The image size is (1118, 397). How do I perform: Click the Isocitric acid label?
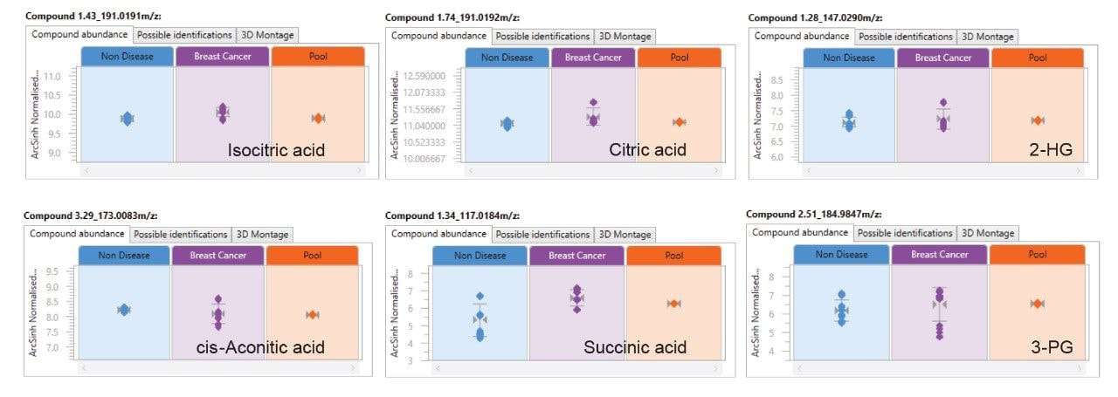(276, 151)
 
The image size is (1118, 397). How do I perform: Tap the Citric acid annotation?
(647, 150)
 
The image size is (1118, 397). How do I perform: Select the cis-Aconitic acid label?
(261, 347)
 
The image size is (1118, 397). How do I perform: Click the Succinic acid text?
(635, 347)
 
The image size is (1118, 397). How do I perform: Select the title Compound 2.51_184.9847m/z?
(815, 214)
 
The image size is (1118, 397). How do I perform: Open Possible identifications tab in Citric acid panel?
(542, 37)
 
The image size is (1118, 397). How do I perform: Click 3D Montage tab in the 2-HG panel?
(987, 37)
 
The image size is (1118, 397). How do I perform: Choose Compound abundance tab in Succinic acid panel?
(438, 234)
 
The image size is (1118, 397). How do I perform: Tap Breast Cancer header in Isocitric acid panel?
(223, 57)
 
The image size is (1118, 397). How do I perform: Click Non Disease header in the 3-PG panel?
(841, 254)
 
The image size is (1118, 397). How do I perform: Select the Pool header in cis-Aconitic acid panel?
(312, 256)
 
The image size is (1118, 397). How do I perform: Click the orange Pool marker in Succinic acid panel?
(673, 303)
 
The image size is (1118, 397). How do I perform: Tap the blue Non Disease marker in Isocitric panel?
(128, 119)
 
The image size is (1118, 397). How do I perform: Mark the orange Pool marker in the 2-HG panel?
(1038, 120)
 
